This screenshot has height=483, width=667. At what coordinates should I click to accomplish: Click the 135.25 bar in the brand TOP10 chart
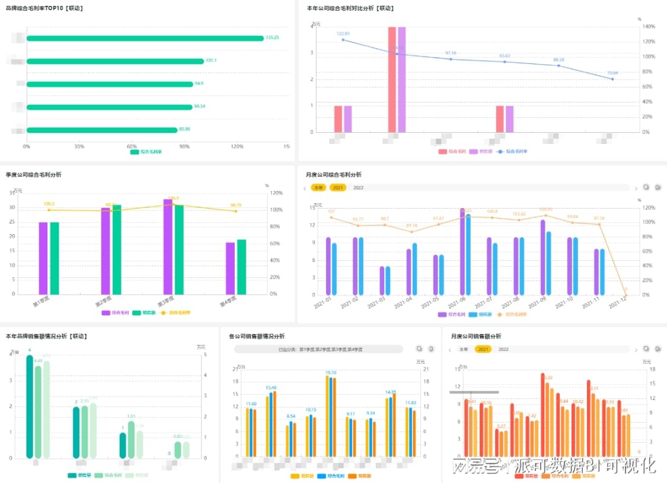145,39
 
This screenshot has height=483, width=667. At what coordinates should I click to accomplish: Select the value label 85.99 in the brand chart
184,130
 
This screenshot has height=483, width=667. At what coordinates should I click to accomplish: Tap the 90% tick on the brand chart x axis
184,146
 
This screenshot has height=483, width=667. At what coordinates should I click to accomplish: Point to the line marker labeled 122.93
343,40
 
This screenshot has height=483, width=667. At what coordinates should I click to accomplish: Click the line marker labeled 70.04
612,79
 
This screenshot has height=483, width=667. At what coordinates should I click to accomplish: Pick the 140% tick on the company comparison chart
648,27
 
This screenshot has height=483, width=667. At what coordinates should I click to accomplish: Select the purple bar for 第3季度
168,246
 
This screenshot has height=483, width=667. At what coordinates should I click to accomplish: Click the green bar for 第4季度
241,267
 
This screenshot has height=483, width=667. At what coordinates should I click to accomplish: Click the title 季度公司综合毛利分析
34,175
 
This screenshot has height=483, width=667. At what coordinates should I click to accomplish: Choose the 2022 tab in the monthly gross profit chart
358,188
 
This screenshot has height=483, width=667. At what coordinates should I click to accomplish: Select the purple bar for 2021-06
462,251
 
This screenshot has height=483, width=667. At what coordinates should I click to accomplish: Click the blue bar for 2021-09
548,263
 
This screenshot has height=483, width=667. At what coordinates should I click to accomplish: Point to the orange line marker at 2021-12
625,294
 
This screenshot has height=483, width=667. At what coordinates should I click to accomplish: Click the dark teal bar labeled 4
30,407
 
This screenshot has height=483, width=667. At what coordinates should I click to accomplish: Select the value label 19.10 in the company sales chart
331,373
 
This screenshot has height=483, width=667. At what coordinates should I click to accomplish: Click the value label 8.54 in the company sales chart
291,416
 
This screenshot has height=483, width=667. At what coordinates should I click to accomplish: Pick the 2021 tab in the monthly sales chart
483,350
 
